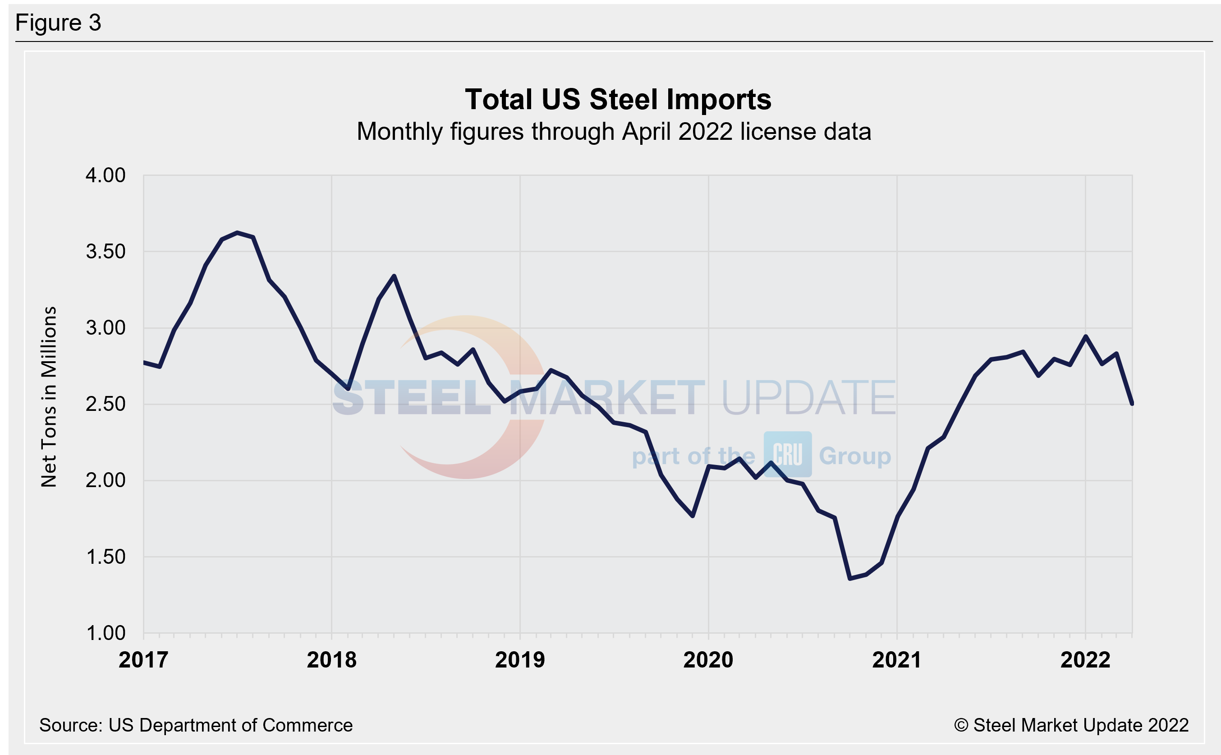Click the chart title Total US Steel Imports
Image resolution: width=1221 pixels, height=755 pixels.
(x=618, y=99)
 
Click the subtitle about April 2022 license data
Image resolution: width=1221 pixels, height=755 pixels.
(x=614, y=132)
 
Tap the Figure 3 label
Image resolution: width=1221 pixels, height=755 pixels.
(x=59, y=23)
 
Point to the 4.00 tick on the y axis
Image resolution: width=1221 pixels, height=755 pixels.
(x=106, y=175)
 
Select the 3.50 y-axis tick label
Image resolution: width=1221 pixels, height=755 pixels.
(x=106, y=252)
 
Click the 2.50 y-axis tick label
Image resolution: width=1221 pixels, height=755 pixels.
(x=106, y=404)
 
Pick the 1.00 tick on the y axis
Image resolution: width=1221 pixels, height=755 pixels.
(x=106, y=633)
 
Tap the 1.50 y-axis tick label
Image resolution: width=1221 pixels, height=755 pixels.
(x=106, y=557)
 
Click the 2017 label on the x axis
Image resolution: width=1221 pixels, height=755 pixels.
(x=143, y=660)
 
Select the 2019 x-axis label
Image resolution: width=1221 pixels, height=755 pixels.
(x=520, y=660)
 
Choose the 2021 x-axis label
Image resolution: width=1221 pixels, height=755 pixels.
(x=896, y=660)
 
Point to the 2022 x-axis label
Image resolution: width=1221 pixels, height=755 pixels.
(x=1085, y=660)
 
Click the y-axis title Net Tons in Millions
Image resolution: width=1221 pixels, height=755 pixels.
(x=49, y=397)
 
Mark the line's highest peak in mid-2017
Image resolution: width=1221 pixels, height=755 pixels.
(x=237, y=233)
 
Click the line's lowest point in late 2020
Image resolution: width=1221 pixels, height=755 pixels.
(x=850, y=578)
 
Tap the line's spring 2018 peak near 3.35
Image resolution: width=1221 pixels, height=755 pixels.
(x=395, y=276)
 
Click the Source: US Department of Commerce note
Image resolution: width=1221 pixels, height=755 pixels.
(x=196, y=725)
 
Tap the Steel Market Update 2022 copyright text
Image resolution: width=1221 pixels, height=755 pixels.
(x=1071, y=725)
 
